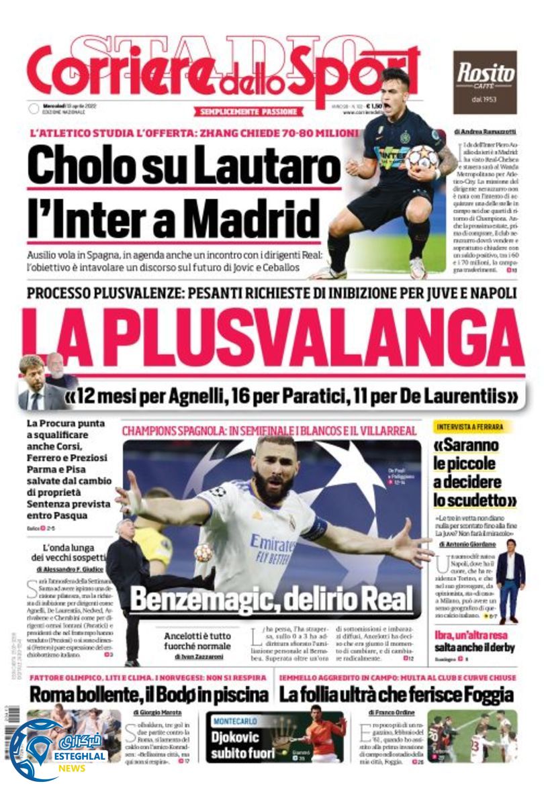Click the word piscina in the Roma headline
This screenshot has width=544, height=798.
[x=240, y=694]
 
